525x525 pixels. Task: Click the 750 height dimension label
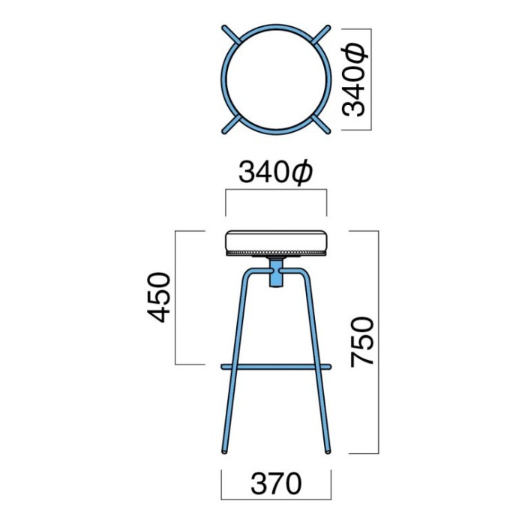(362, 342)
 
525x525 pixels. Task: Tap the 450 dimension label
(159, 298)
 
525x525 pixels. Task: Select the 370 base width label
(276, 484)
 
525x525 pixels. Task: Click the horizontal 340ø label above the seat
(275, 172)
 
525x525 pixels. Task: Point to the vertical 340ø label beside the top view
(355, 79)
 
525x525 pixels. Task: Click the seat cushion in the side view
(276, 241)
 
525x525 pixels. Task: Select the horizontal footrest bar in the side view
(276, 367)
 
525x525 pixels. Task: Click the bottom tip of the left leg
(224, 452)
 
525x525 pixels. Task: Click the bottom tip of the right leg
(328, 452)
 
